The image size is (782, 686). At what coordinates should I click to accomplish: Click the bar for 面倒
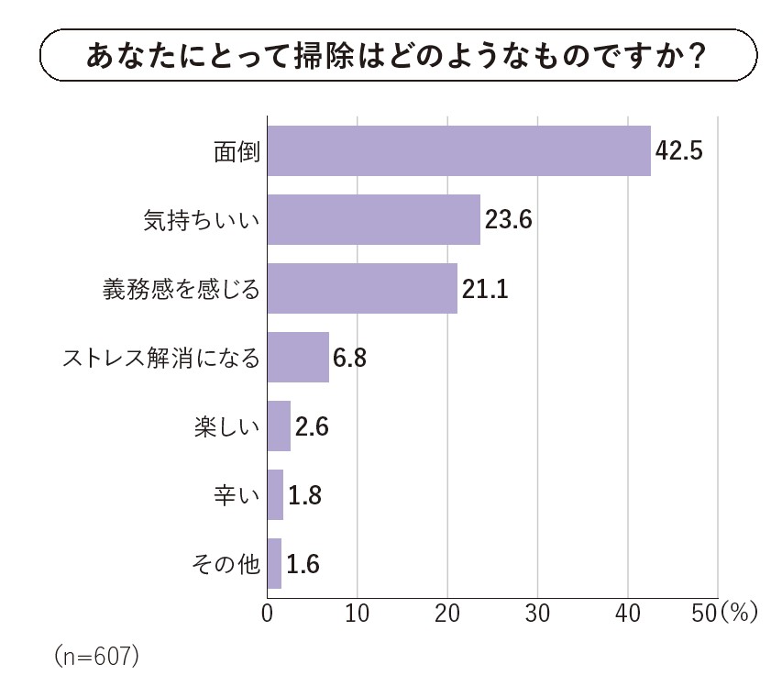point(458,150)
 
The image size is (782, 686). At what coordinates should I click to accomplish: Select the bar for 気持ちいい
point(373,219)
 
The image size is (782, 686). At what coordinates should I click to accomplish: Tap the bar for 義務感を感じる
point(362,288)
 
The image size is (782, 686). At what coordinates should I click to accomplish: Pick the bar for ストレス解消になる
point(298,357)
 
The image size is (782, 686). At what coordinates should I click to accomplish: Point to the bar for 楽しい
point(279,426)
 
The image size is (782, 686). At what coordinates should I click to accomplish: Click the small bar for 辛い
point(275,494)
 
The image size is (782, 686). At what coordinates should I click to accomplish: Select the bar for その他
point(274,563)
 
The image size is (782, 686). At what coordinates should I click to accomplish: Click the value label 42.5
point(679,150)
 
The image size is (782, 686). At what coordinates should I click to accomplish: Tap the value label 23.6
point(509,220)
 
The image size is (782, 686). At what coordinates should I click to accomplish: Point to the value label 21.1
point(485,289)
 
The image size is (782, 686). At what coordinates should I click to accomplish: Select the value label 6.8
point(349,358)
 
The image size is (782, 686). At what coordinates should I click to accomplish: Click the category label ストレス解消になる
point(161,358)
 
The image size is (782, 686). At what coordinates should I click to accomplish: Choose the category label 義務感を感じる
point(181,289)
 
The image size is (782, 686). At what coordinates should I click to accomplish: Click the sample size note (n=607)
point(96,657)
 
